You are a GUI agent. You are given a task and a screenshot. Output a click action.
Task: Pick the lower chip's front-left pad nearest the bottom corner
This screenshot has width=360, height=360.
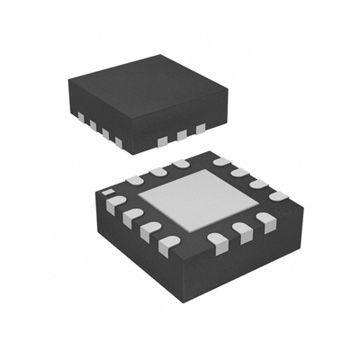(167, 243)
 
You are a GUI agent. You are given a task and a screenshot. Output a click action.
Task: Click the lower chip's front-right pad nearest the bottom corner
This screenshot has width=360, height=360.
(217, 240)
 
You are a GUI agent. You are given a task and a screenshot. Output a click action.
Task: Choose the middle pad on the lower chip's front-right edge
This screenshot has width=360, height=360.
(241, 231)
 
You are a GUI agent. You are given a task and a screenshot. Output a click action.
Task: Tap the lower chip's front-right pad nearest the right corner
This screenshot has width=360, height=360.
(265, 220)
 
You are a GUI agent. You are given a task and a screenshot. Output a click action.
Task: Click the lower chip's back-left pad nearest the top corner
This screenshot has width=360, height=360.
(181, 164)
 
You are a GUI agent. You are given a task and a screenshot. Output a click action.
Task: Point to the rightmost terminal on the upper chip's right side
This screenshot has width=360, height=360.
(200, 129)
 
